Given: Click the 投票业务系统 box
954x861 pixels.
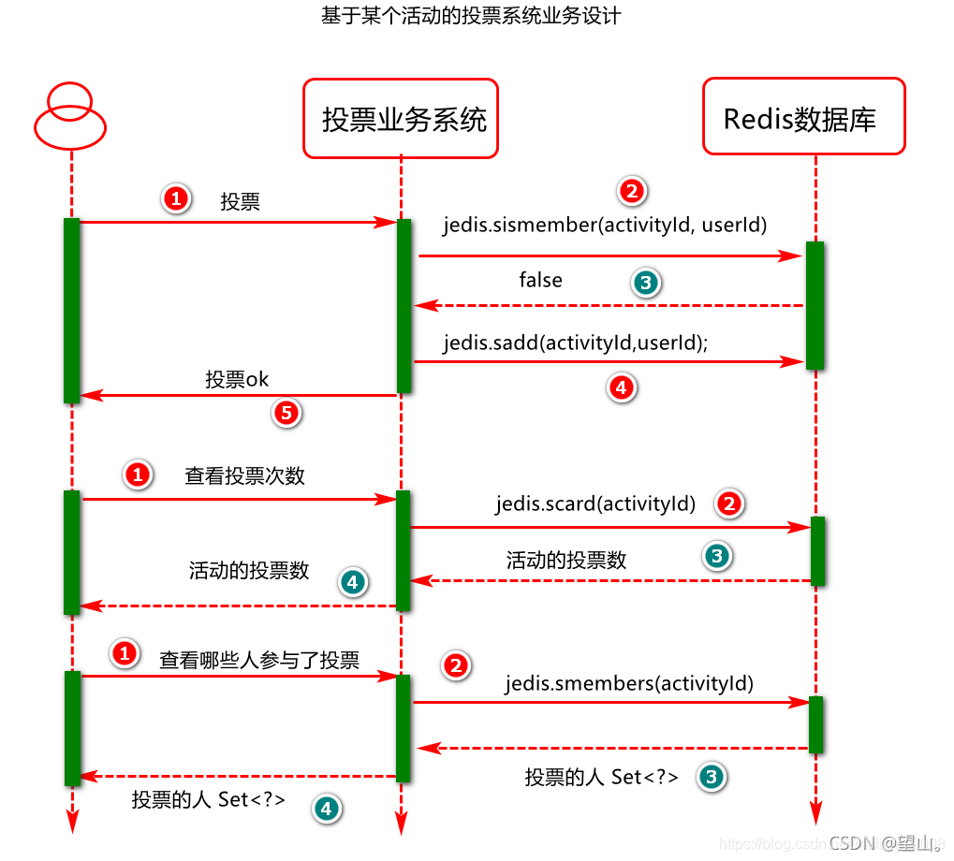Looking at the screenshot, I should pos(401,118).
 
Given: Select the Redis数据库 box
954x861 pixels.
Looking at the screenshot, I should pos(803,117).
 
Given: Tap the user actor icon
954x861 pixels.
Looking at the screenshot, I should pos(69,116).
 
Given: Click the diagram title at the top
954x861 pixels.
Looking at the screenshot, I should pos(471,17).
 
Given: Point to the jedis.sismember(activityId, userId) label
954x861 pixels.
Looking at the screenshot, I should pos(606,225).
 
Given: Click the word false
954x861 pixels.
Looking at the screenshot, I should pos(541,280).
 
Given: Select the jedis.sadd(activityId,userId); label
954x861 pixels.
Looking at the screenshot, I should pos(576,343).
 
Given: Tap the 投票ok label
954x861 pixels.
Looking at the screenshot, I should pos(238,380).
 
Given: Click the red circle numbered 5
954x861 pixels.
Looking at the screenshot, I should pos(287,413).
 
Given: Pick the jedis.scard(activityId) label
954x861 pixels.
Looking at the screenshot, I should pos(596,503).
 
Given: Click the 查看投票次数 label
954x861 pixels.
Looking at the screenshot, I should pos(244,475).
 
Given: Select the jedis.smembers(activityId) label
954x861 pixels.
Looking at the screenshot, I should pos(629,683).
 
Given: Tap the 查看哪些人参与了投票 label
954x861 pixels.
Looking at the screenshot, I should pos(259,660).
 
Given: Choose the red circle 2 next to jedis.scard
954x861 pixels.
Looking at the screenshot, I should pos(729,503).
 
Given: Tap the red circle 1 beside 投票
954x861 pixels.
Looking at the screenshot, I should pos(175,198).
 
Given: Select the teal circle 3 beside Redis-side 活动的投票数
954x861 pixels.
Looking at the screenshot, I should pos(716,557).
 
